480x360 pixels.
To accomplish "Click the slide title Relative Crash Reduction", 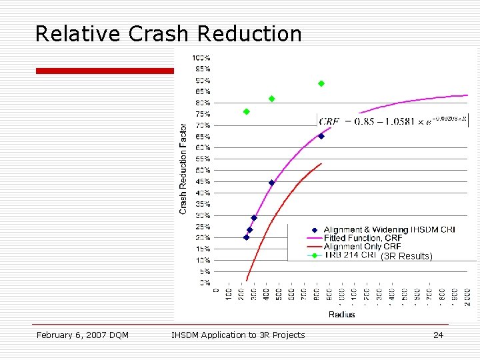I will tap(168, 33).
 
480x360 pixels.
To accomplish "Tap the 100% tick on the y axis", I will tap(202, 57).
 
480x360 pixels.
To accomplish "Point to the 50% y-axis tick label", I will tap(202, 170).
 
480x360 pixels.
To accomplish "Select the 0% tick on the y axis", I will tap(205, 283).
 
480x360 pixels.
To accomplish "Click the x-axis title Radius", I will tap(341, 314).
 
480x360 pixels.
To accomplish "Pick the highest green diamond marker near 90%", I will tap(321, 83).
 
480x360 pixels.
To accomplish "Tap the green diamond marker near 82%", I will tap(271, 99).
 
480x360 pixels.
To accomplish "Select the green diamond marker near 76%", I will tap(246, 111).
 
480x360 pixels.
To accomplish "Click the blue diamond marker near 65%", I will tap(321, 136).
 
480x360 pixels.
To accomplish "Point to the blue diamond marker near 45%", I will tap(271, 183).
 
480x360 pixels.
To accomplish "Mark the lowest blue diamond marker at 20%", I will tap(246, 237).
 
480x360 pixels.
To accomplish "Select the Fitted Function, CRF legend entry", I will tap(363, 238).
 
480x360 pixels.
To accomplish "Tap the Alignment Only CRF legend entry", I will tap(362, 247).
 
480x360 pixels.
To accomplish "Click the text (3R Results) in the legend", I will tap(407, 256).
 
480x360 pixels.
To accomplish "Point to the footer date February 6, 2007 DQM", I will tap(83, 335).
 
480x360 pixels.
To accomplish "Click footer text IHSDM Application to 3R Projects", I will tap(238, 335).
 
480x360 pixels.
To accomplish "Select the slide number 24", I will tap(438, 335).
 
